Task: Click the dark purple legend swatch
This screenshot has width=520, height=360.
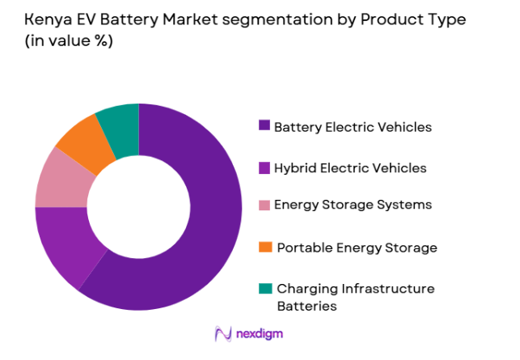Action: [x=264, y=126]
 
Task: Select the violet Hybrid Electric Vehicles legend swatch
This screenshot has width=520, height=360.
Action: [x=264, y=168]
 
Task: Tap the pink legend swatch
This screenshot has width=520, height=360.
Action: [x=264, y=205]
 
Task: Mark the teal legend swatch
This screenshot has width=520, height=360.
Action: [x=264, y=289]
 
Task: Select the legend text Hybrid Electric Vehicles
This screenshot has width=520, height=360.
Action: [x=350, y=168]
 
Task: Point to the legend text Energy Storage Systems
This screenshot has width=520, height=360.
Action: [x=353, y=205]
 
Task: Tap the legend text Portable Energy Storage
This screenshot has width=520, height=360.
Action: [x=357, y=248]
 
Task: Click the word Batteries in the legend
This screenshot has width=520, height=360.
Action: [x=307, y=306]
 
